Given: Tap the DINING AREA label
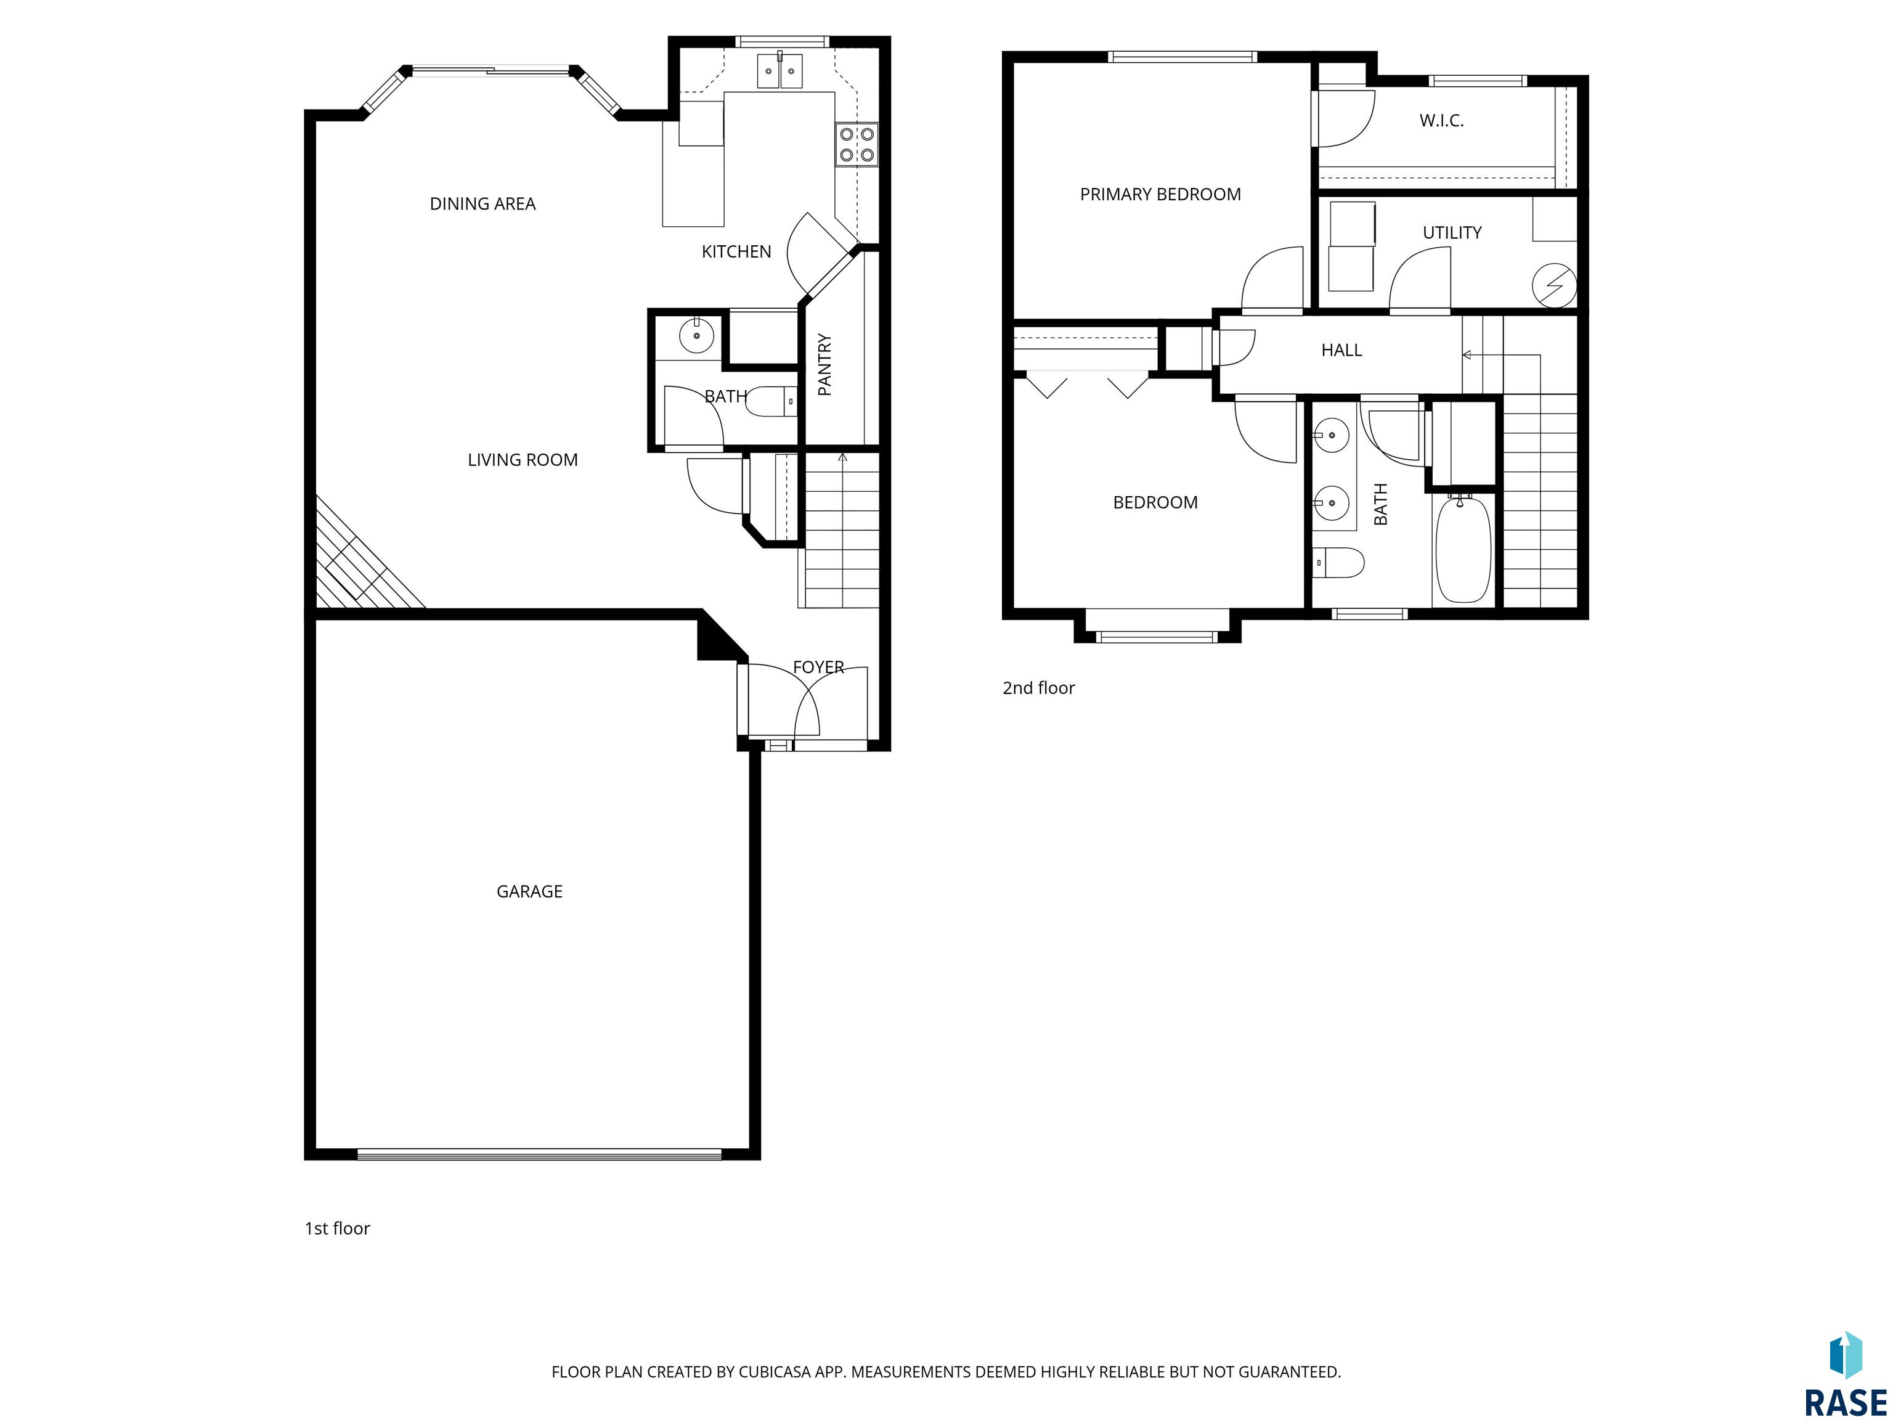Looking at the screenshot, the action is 482,204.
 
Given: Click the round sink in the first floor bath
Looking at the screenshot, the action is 696,335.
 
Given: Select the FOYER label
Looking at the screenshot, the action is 818,667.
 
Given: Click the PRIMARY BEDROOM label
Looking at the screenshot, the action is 1160,194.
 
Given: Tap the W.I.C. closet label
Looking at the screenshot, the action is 1441,121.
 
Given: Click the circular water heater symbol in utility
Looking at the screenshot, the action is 1554,284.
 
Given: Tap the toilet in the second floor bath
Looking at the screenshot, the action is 1338,562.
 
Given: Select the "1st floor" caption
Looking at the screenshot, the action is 337,1228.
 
